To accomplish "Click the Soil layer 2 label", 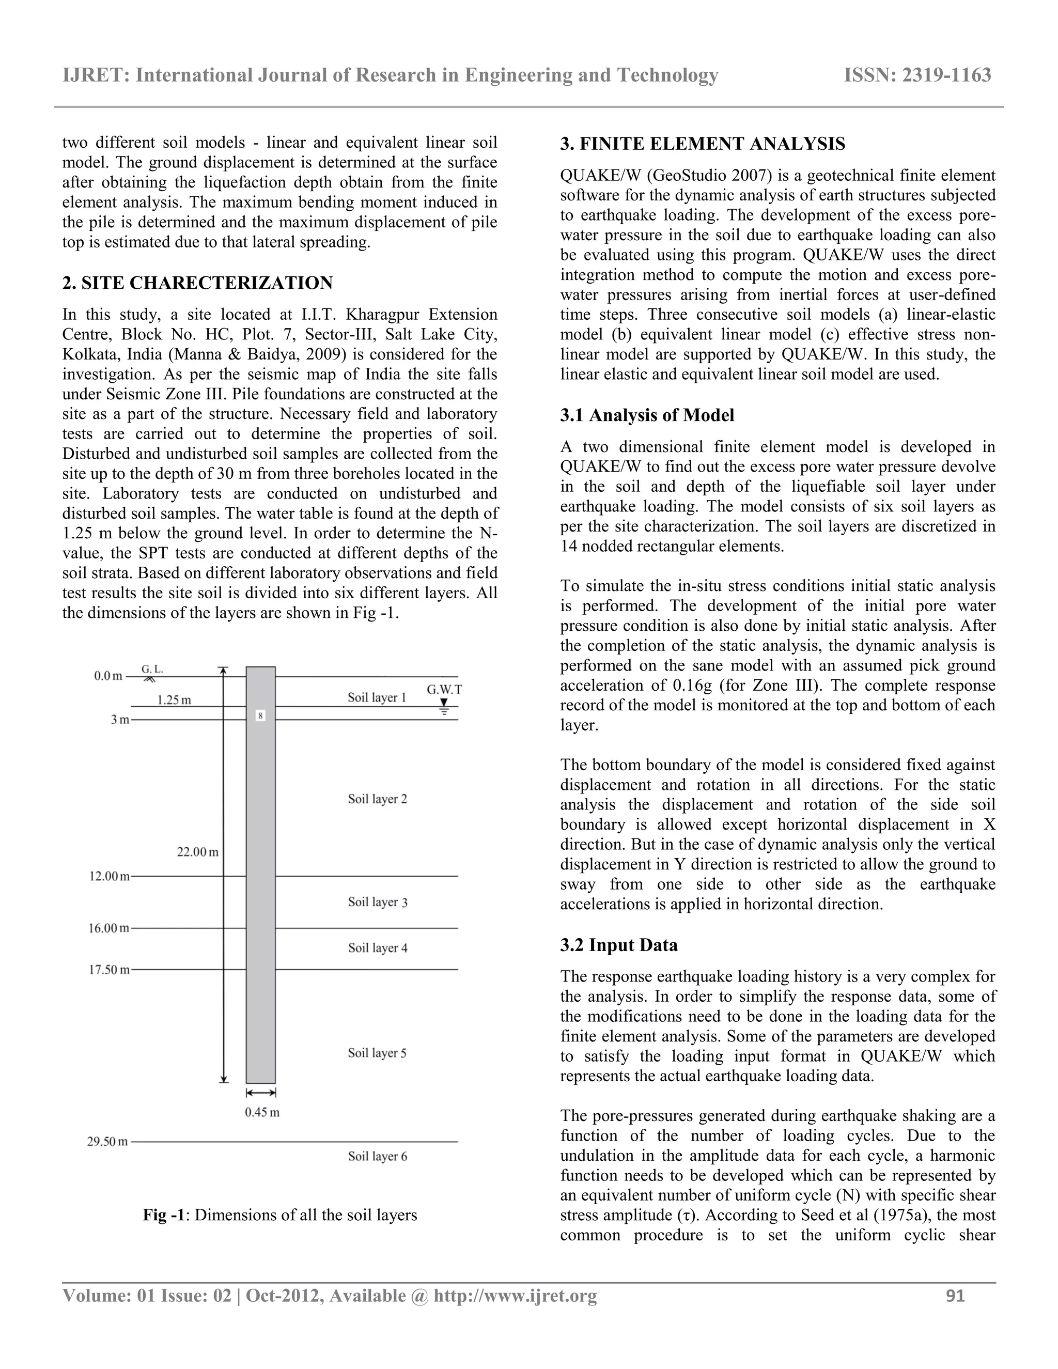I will tap(377, 799).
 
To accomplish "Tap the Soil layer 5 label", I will tap(377, 1052).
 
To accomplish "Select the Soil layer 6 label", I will tap(377, 1156).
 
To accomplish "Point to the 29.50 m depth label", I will tap(107, 1142).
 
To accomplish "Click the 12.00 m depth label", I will tap(108, 876).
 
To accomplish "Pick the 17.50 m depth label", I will tap(108, 970).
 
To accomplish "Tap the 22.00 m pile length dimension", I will tap(197, 852).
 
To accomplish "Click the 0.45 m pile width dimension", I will tap(262, 1112).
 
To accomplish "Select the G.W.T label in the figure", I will tap(444, 690).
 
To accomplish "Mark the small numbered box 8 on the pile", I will tap(261, 714).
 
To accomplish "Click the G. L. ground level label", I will tap(152, 669).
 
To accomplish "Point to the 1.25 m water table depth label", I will tap(174, 700).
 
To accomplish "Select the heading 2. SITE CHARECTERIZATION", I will tap(197, 283).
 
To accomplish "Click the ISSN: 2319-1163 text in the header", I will tap(917, 75).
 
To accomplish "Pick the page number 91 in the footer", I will tap(955, 1296).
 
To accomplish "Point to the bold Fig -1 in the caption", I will tap(164, 1215).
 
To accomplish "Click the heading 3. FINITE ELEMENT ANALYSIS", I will tap(702, 144).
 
